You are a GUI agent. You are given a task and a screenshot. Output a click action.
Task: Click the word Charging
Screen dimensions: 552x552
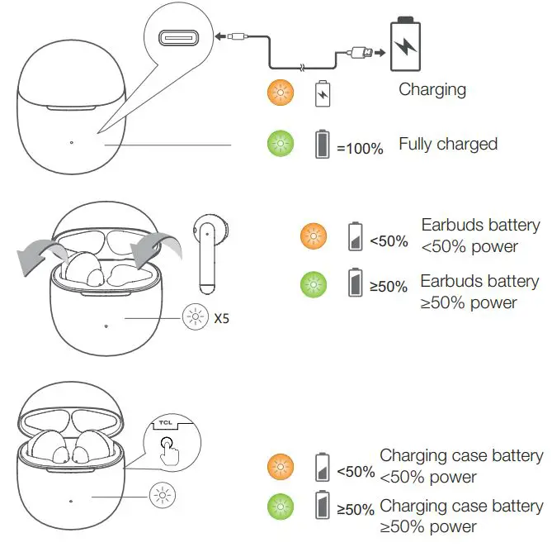pos(432,89)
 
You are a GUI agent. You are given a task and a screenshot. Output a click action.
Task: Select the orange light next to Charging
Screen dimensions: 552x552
pos(280,92)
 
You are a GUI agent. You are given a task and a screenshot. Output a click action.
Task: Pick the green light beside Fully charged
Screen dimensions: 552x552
pos(280,145)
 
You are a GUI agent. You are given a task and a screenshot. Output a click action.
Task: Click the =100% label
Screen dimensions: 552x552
pos(360,150)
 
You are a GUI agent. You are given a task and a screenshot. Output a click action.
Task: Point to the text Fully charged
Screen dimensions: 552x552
pos(448,144)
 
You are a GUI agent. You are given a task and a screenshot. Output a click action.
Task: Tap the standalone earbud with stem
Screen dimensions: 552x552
pos(206,251)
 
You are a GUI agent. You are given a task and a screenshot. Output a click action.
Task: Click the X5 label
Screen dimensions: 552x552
pos(221,317)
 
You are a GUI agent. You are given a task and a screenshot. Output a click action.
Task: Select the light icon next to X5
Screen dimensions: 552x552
pos(195,317)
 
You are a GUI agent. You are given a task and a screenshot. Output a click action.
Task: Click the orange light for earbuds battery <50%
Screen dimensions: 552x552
pos(314,237)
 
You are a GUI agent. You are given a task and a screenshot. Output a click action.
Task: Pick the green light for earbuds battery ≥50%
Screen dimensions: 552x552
pos(314,285)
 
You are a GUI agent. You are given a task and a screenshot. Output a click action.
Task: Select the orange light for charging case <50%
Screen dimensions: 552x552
pos(281,467)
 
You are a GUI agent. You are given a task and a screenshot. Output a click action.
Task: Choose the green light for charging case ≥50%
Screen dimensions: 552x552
pos(281,506)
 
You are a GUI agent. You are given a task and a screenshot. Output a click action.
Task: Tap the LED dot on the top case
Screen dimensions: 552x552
pos(71,143)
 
